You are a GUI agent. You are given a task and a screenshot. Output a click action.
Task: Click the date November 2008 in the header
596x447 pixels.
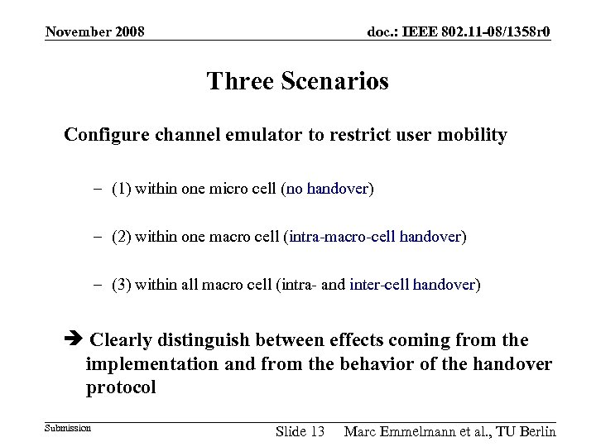click(95, 32)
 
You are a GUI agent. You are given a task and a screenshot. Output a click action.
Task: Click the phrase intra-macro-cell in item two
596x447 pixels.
click(342, 238)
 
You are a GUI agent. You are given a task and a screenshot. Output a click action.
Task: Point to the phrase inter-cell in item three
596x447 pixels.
click(380, 286)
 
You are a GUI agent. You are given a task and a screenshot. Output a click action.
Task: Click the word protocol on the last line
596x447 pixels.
click(121, 387)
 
